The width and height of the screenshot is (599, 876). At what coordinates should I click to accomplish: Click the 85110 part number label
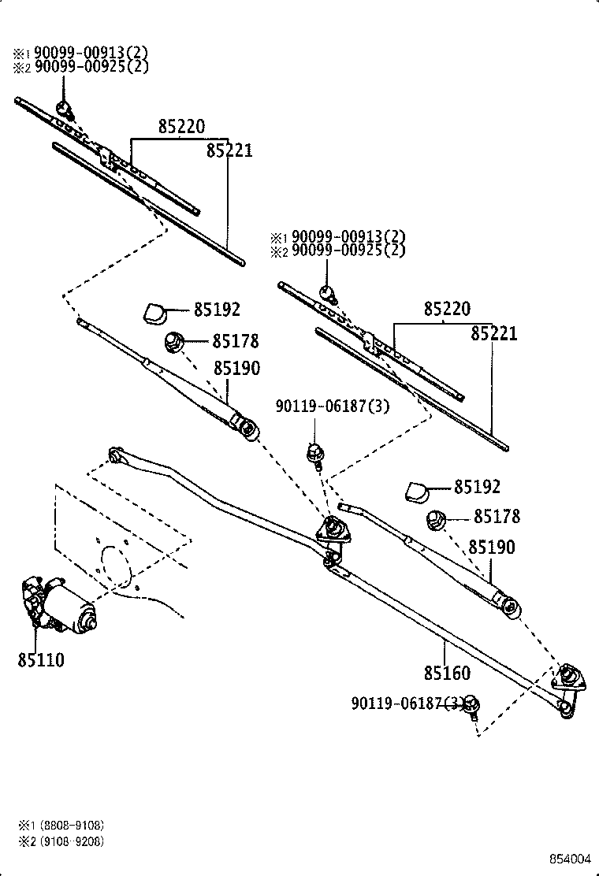(40, 659)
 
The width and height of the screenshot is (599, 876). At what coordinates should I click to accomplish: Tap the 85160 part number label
(446, 673)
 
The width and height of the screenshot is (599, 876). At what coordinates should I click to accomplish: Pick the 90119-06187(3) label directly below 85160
(407, 703)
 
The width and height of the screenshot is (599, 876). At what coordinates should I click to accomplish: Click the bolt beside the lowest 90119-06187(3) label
(472, 706)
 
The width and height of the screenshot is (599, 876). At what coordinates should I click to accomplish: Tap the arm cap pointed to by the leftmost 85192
(155, 313)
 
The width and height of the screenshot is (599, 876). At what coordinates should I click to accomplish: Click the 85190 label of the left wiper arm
(236, 368)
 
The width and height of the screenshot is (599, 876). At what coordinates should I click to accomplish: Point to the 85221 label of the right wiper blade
(494, 333)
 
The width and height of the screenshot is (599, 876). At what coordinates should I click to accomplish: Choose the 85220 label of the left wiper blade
(181, 127)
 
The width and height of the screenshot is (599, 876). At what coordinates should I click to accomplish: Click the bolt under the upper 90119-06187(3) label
(315, 453)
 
